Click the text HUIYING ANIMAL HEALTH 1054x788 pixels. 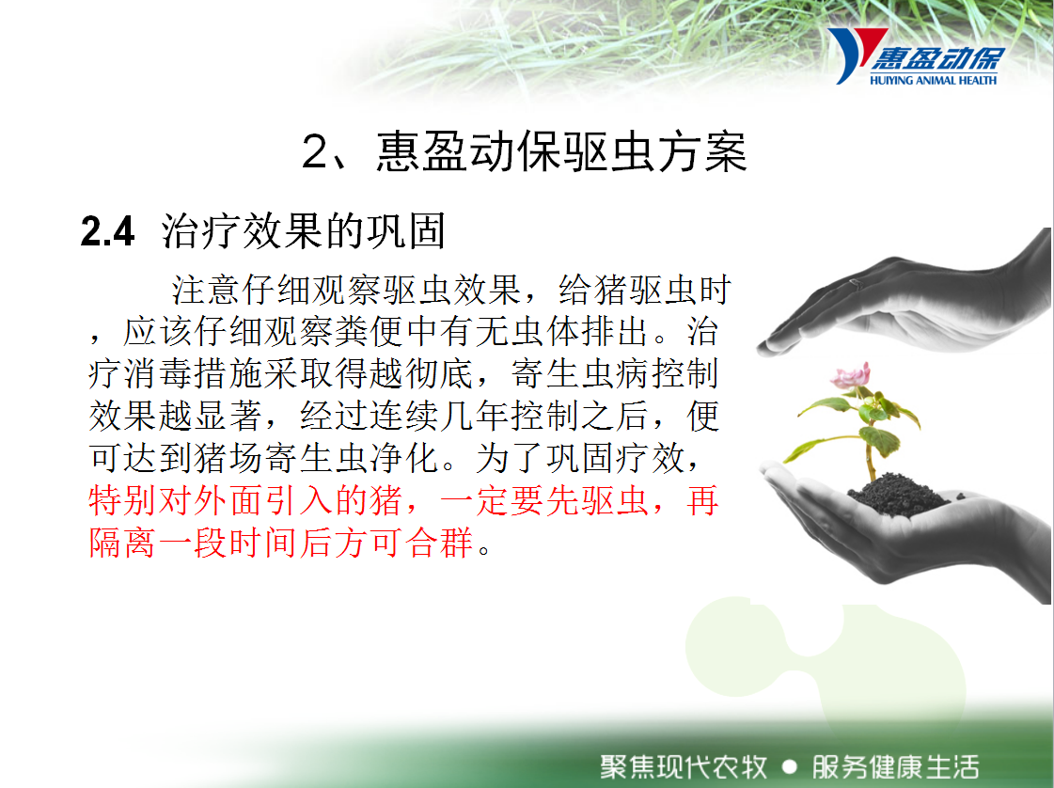tap(933, 81)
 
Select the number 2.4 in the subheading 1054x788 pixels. tap(107, 231)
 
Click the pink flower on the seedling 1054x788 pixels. tap(851, 376)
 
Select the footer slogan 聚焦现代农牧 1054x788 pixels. tap(684, 766)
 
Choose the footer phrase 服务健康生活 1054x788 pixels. tap(895, 766)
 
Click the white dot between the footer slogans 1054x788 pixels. tap(790, 767)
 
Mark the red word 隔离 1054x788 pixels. tap(121, 542)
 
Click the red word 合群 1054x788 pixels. tap(440, 542)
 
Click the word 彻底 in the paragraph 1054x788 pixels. tap(440, 374)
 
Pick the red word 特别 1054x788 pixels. tap(121, 500)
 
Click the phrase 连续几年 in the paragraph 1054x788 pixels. tap(440, 417)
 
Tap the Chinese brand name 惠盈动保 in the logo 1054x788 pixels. tap(938, 59)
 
